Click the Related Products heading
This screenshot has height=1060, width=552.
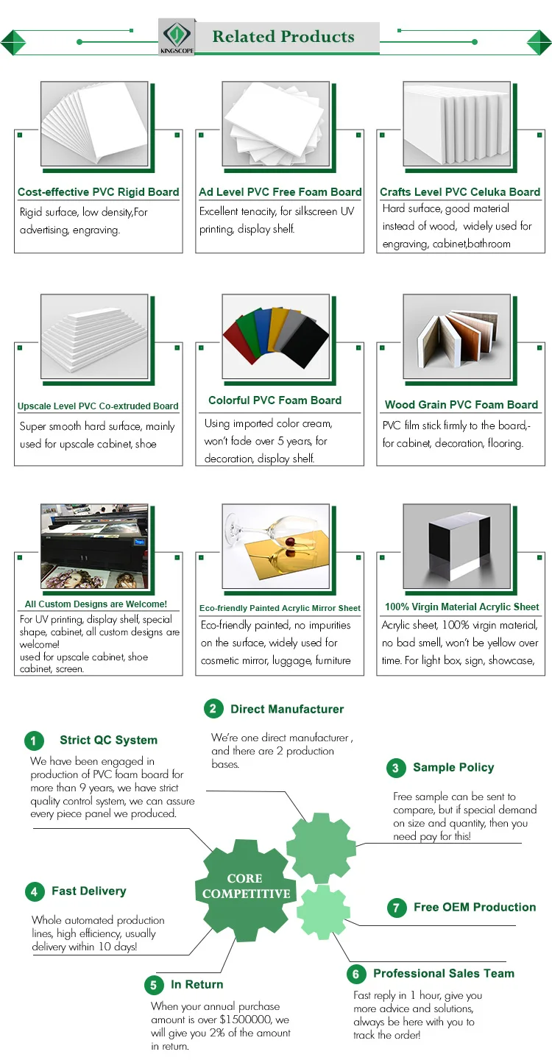click(x=283, y=37)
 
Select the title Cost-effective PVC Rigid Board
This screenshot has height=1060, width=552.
click(x=99, y=192)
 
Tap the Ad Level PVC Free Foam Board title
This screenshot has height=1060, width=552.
click(x=280, y=192)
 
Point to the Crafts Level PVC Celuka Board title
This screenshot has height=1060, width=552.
click(x=460, y=192)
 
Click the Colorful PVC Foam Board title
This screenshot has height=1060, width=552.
click(x=275, y=400)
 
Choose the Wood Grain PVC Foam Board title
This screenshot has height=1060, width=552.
click(x=461, y=405)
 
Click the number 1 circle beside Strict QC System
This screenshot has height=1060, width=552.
click(x=34, y=741)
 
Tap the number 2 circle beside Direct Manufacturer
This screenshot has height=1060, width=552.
click(x=213, y=709)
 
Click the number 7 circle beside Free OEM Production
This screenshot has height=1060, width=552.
click(x=396, y=908)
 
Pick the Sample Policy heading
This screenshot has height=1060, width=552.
click(x=453, y=767)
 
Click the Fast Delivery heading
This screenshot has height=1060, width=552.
click(x=89, y=891)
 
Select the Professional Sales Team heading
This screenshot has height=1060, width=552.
click(x=444, y=973)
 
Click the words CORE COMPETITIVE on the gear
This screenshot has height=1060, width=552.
click(x=246, y=886)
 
